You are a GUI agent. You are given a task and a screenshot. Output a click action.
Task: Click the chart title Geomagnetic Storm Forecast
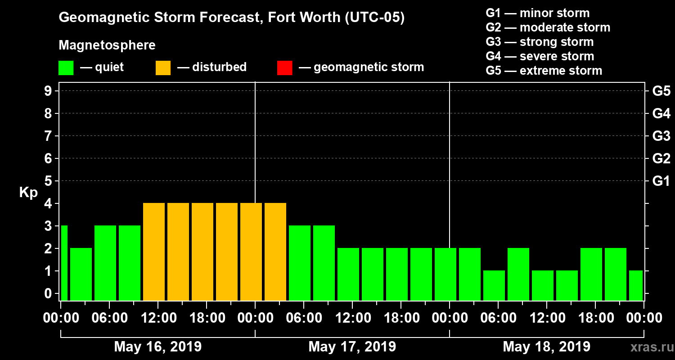coord(232,18)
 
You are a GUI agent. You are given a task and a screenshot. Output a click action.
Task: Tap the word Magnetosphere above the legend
coord(107,45)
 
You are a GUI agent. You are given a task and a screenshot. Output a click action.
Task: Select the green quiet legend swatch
coord(66,67)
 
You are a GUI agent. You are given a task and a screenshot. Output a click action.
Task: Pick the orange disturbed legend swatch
coord(163,67)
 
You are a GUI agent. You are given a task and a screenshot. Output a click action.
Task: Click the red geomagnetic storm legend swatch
coord(284,67)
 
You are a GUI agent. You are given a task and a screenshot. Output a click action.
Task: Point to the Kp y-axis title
coord(28,193)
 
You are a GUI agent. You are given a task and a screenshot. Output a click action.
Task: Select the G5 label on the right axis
coord(661,91)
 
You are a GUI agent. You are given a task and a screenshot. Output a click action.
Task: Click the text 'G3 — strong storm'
coord(540,42)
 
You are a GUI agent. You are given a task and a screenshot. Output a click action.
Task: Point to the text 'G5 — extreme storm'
coord(544,71)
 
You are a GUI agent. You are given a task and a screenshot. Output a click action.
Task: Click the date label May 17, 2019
coord(352,347)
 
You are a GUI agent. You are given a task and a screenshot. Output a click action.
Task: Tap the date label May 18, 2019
coord(546,347)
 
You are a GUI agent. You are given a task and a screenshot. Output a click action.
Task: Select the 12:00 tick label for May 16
coord(158,318)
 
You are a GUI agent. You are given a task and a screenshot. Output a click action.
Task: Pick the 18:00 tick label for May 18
coord(595,318)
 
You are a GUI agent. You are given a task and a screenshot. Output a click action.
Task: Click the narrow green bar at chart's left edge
coord(64,263)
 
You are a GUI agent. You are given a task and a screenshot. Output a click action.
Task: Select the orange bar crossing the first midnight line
coord(251,252)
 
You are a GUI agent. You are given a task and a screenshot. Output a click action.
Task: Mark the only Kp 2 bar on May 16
coord(81,274)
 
